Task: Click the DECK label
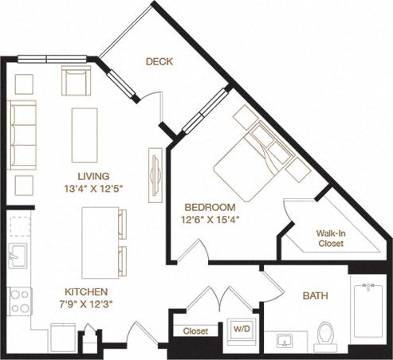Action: (159, 61)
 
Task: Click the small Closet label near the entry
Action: (195, 330)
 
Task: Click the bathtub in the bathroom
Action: (369, 315)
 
